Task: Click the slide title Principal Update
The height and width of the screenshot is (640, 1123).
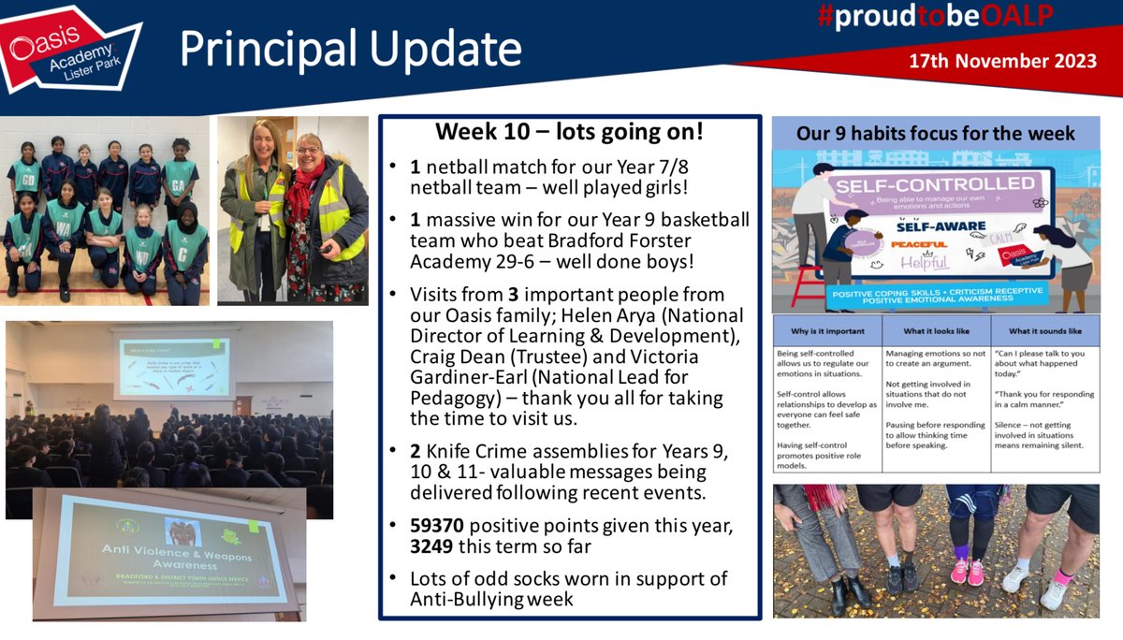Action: [350, 49]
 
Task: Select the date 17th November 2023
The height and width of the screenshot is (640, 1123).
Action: [1002, 62]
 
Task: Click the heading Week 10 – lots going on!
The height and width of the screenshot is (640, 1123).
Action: [569, 133]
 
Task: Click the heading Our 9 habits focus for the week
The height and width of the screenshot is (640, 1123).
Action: [935, 133]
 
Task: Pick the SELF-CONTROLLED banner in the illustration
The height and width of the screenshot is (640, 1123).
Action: [922, 185]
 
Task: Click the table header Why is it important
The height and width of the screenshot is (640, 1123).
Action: [826, 330]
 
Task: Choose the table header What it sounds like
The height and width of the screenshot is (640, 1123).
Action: [1044, 330]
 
